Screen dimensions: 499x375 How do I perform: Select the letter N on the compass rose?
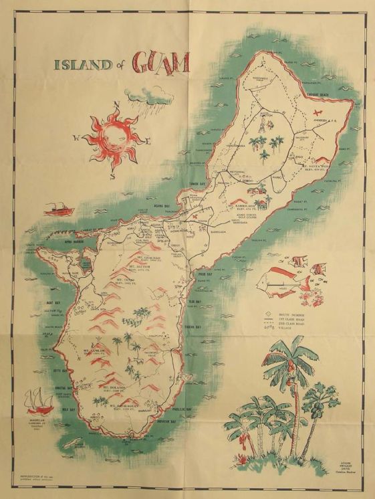[116, 104]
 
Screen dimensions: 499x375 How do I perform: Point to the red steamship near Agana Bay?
[58, 209]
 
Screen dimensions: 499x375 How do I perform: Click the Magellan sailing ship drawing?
[39, 401]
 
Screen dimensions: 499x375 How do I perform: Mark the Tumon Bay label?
[195, 182]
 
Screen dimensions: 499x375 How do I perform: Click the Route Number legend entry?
[289, 314]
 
